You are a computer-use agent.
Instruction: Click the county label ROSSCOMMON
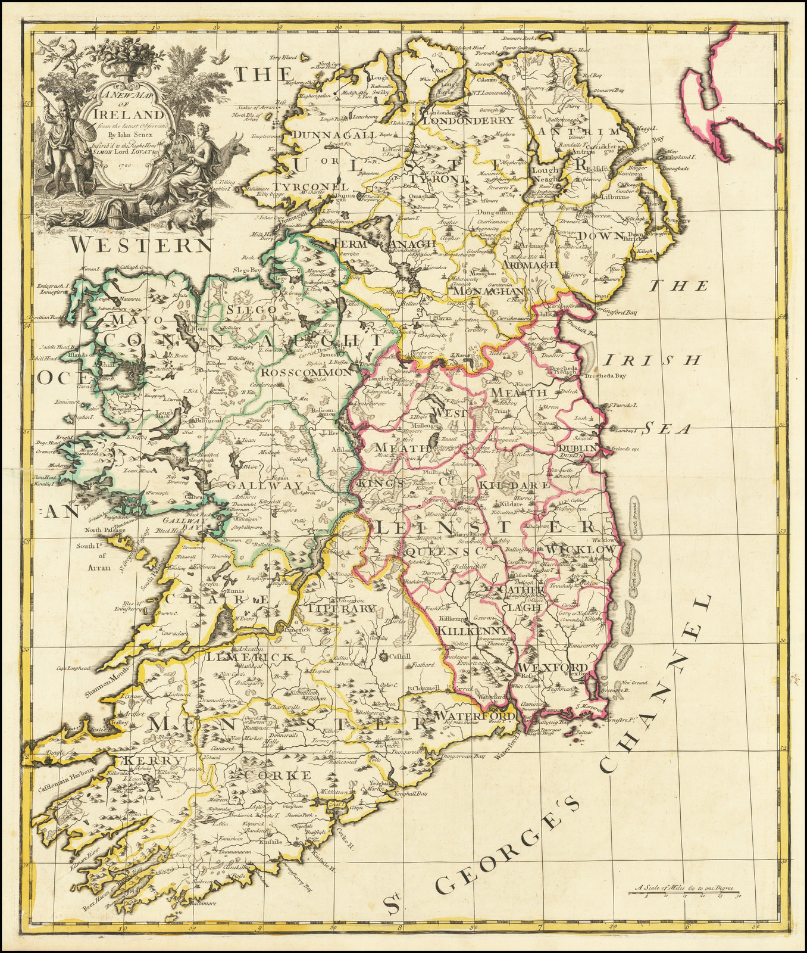coord(306,372)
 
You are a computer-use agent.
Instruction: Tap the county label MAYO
coord(125,320)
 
